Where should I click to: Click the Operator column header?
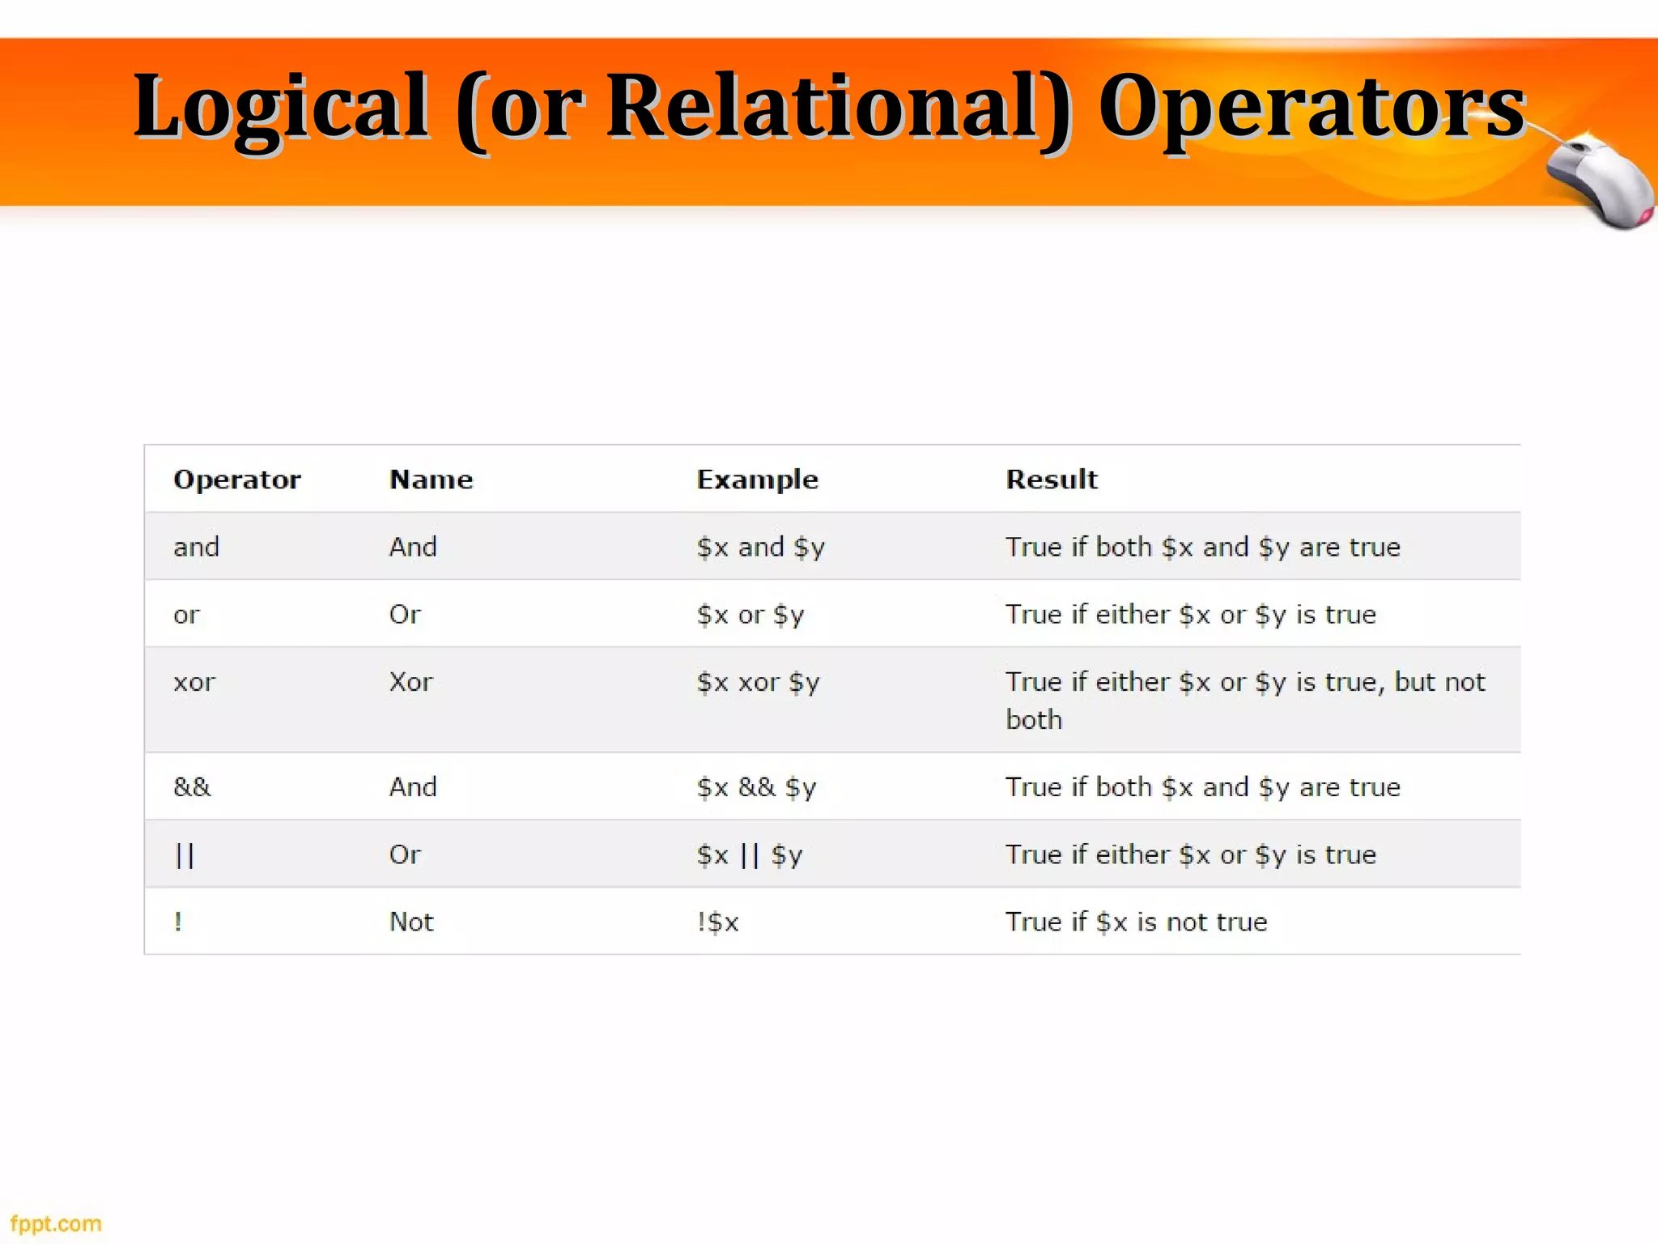point(236,479)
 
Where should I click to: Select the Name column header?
point(431,479)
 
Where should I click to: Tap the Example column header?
point(757,479)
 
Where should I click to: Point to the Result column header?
point(1051,479)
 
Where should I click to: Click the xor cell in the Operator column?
point(194,682)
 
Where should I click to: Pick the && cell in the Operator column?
point(192,786)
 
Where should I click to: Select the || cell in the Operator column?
point(185,854)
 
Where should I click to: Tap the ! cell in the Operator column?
point(178,922)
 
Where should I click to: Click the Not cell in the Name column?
point(411,922)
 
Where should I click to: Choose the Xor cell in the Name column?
point(410,682)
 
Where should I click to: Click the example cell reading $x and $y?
point(760,547)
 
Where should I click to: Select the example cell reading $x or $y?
point(750,615)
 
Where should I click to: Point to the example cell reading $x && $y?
point(757,787)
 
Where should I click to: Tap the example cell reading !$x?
point(718,922)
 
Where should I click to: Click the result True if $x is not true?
point(1136,922)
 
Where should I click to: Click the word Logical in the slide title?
point(281,105)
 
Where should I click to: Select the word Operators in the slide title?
point(1312,105)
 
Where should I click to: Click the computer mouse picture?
point(1599,182)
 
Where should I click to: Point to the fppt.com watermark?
point(56,1224)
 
